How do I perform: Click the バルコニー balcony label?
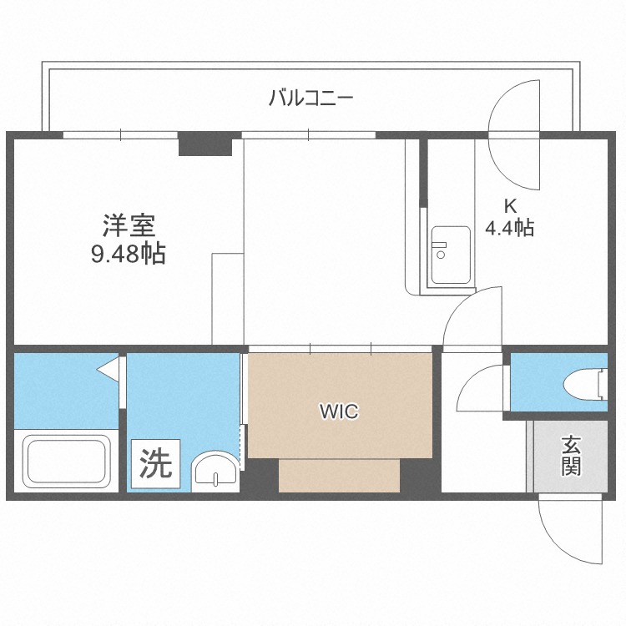click(x=311, y=98)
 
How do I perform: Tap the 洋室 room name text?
click(x=128, y=225)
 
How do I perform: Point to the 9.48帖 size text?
click(x=128, y=253)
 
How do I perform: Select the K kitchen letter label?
click(x=509, y=204)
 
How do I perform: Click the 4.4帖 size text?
click(x=509, y=228)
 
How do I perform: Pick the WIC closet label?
click(x=339, y=411)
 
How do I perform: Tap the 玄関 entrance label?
click(x=571, y=455)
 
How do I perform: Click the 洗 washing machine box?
click(x=155, y=464)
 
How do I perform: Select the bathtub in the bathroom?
click(x=65, y=463)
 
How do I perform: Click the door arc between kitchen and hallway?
click(x=473, y=317)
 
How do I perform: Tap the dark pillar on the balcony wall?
click(x=204, y=144)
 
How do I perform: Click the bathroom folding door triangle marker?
click(x=109, y=368)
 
